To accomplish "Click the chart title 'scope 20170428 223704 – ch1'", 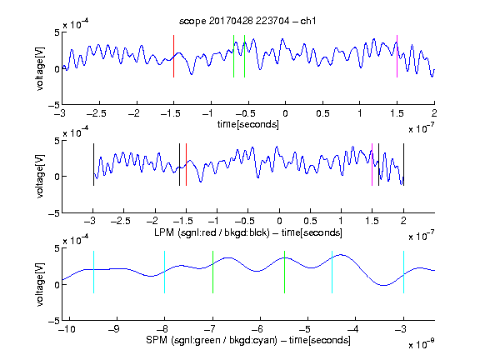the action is pyautogui.click(x=247, y=21).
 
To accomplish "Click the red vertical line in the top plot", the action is pyautogui.click(x=173, y=56).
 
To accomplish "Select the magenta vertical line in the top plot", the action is pyautogui.click(x=397, y=56).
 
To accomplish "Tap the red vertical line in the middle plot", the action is pyautogui.click(x=186, y=164).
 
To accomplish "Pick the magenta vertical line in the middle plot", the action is pyautogui.click(x=372, y=164).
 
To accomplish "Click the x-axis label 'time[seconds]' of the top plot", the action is pyautogui.click(x=248, y=124).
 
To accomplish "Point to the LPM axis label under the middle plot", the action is pyautogui.click(x=248, y=232).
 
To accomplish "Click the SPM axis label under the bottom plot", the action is pyautogui.click(x=248, y=340).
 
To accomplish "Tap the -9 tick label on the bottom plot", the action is pyautogui.click(x=114, y=329).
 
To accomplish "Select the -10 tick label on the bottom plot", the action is pyautogui.click(x=67, y=329).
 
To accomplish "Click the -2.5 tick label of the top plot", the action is pyautogui.click(x=97, y=113).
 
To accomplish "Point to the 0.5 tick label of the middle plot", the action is pyautogui.click(x=310, y=221).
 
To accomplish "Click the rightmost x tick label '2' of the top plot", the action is pyautogui.click(x=434, y=113).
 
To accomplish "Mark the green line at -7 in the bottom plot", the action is pyautogui.click(x=212, y=272).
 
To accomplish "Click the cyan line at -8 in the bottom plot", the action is pyautogui.click(x=165, y=272).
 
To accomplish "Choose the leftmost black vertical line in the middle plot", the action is pyautogui.click(x=93, y=164).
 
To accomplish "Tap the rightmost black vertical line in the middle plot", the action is pyautogui.click(x=403, y=164).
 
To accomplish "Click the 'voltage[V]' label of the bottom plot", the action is pyautogui.click(x=40, y=284).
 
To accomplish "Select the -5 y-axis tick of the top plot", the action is pyautogui.click(x=54, y=105).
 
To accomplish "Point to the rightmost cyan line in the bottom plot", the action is pyautogui.click(x=403, y=272).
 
